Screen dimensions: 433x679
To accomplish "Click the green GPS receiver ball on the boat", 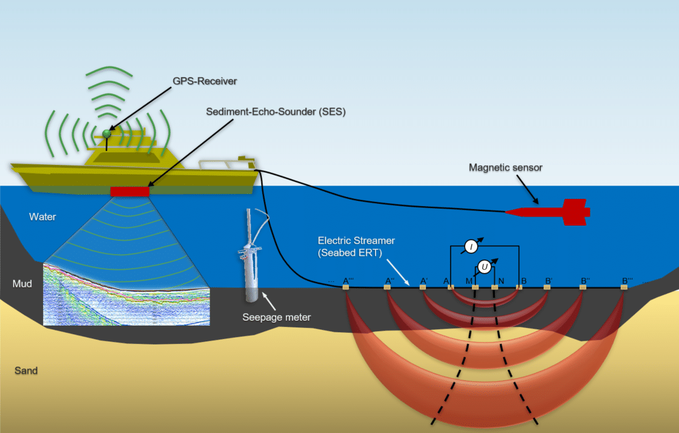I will pyautogui.click(x=108, y=133).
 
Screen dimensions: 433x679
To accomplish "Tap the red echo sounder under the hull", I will pyautogui.click(x=130, y=192).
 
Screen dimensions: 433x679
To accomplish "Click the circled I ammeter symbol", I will pyautogui.click(x=471, y=246).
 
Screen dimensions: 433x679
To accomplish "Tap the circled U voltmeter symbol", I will pyautogui.click(x=485, y=266).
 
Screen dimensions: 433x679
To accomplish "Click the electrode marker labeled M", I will pyautogui.click(x=475, y=287).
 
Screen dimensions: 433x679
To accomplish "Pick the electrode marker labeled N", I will pyautogui.click(x=495, y=287).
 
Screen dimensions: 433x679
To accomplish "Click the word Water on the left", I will pyautogui.click(x=42, y=216).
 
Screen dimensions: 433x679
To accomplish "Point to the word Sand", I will pyautogui.click(x=26, y=371).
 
